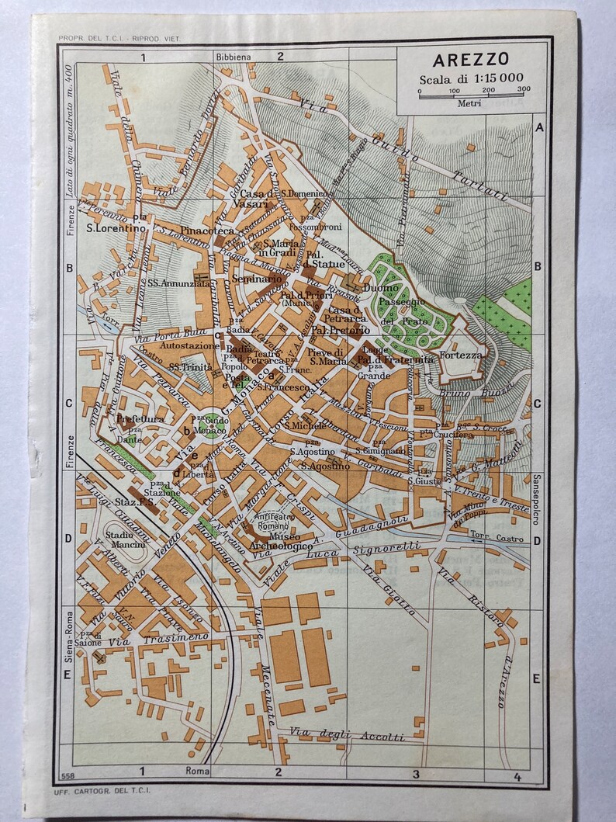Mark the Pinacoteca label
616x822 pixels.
(x=206, y=231)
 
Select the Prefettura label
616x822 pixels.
(x=140, y=419)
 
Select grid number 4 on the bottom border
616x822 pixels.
(x=515, y=773)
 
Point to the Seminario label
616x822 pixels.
(x=255, y=278)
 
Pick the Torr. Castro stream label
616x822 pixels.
(x=499, y=539)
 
